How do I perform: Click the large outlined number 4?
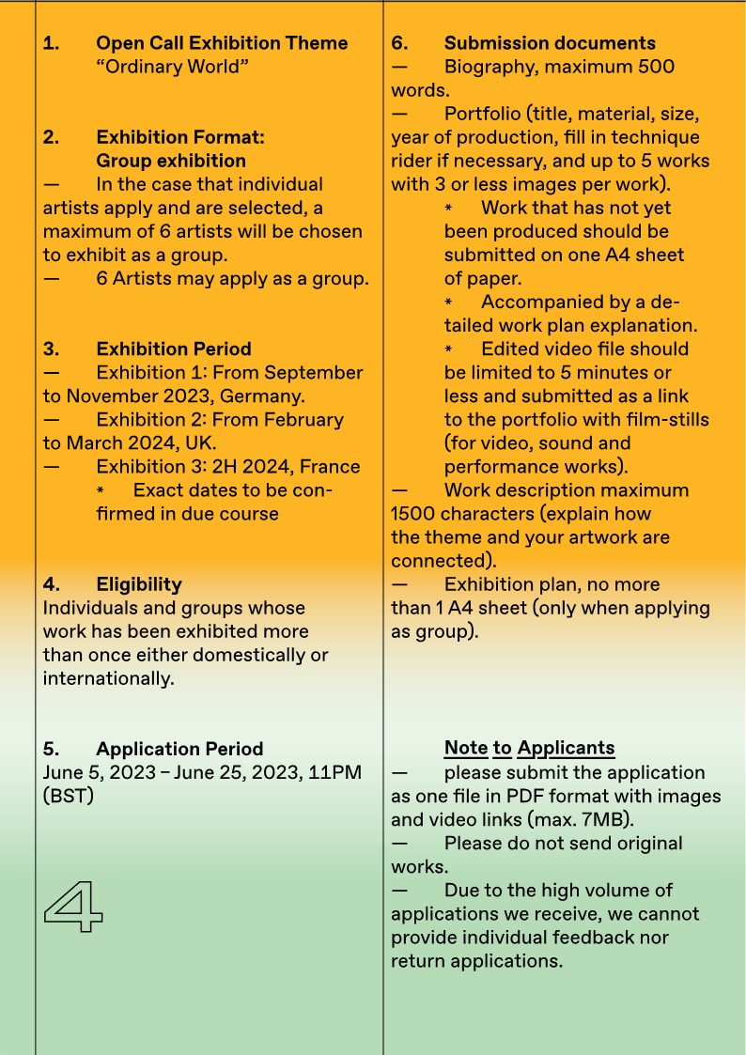tap(73, 906)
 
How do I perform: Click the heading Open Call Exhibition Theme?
tap(222, 43)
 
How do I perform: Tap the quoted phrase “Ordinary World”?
tap(172, 67)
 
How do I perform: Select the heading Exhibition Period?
tap(174, 349)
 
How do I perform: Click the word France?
tap(329, 466)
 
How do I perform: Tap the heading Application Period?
tap(179, 749)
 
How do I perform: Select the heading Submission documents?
tap(550, 43)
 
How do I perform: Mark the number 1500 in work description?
tap(415, 514)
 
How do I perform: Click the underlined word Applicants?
tap(566, 749)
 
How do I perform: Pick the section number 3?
tap(51, 349)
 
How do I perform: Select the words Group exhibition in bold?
tap(171, 161)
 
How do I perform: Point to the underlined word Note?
tap(466, 749)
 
